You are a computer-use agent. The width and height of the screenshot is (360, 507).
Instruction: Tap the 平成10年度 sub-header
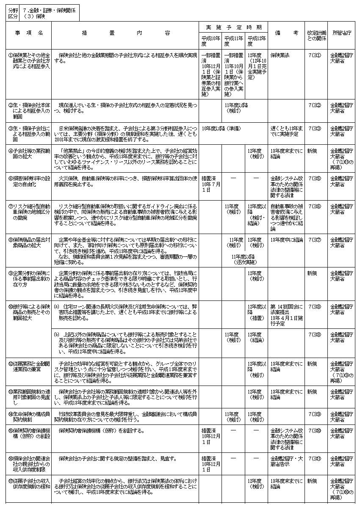click(x=211, y=41)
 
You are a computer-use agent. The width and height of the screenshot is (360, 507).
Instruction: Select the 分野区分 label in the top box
click(x=13, y=14)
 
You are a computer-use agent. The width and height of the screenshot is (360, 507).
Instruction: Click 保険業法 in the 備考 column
click(x=280, y=55)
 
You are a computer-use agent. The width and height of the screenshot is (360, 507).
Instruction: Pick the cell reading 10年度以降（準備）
click(x=222, y=127)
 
